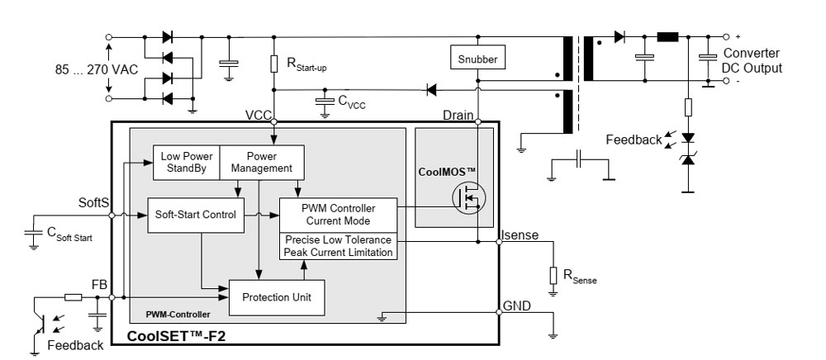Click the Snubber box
(477, 59)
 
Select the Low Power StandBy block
(186, 162)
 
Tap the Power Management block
(261, 162)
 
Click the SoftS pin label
(94, 201)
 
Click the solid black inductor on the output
(667, 37)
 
